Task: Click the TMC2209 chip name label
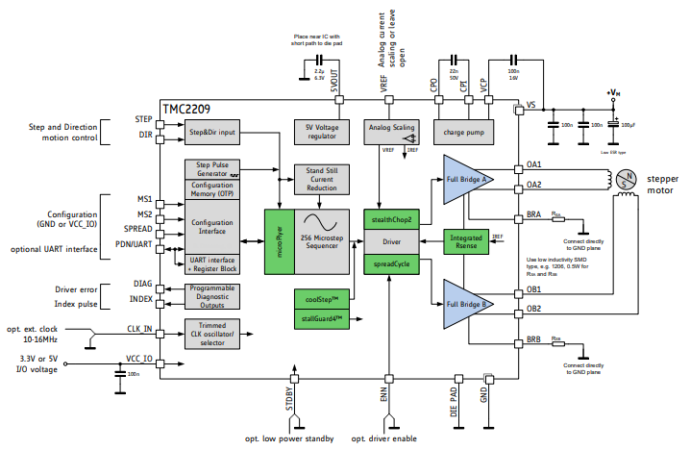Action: [x=186, y=109]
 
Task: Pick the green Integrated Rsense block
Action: [x=467, y=240]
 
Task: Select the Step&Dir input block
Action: [x=212, y=132]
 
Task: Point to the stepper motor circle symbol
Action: [x=625, y=179]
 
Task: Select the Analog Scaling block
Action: [x=391, y=127]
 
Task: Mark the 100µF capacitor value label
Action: [x=628, y=125]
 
